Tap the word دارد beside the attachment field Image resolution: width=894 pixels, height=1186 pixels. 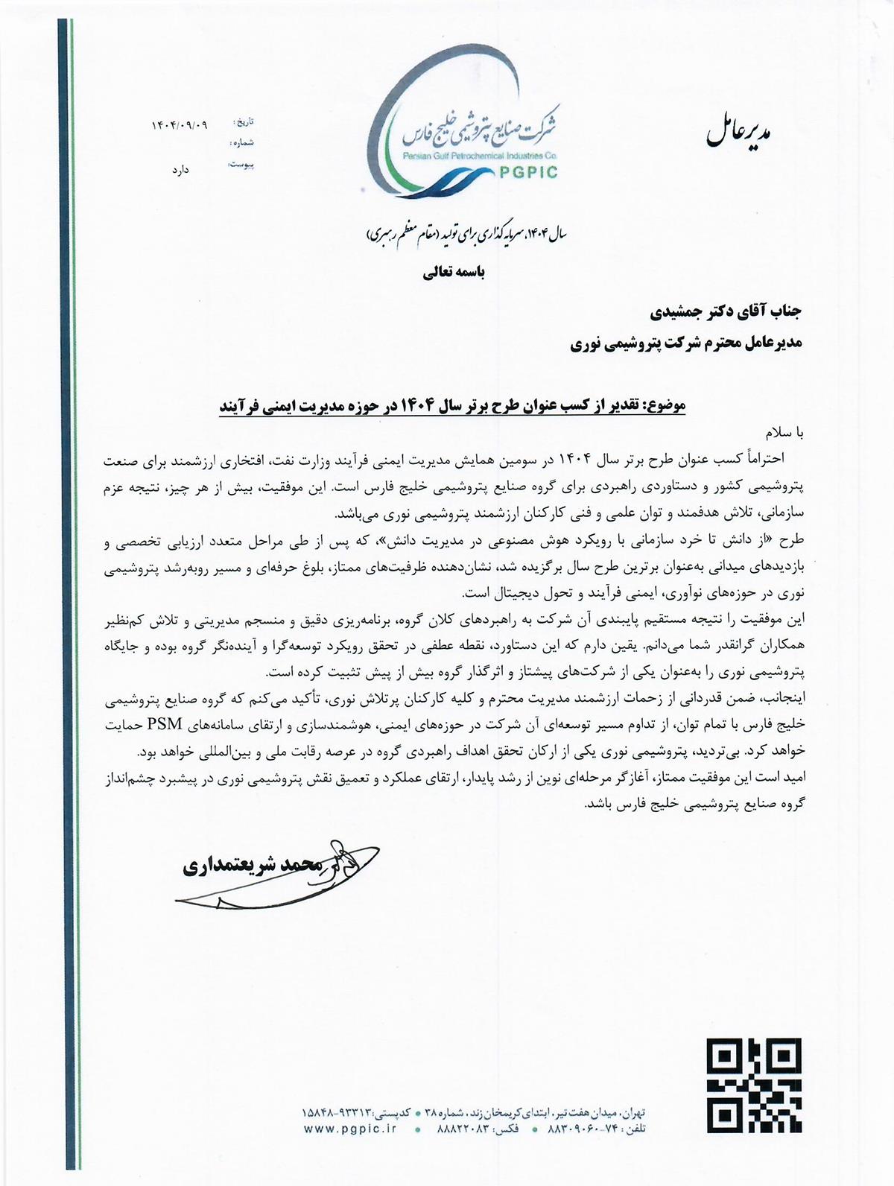[x=180, y=170]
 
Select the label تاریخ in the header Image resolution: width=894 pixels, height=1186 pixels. [x=244, y=120]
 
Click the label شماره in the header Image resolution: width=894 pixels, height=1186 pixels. [x=242, y=142]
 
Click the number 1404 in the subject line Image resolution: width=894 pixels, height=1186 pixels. [x=408, y=407]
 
